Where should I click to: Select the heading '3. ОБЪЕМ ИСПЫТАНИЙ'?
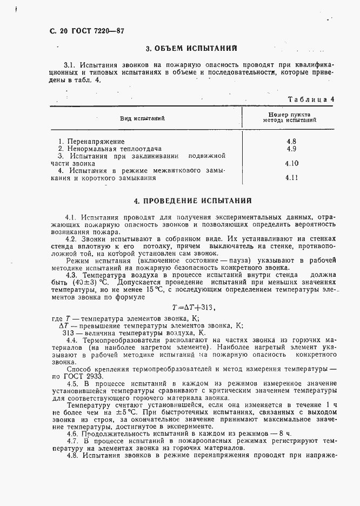[x=191, y=49]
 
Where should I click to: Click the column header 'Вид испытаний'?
[x=142, y=118]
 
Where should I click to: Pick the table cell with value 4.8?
[x=291, y=142]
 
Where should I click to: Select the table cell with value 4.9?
[x=291, y=149]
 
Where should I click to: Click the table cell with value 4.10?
[x=291, y=163]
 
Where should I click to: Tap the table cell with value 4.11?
[x=291, y=177]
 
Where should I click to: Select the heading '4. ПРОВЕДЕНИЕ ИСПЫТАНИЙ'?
[x=192, y=201]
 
